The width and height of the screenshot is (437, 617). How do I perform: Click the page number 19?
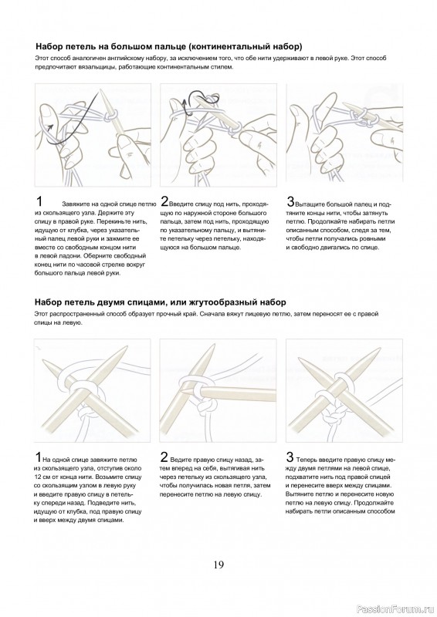coord(218,565)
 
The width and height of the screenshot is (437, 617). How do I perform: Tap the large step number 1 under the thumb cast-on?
coord(39,201)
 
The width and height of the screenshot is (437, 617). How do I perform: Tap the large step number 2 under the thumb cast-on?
coord(164,201)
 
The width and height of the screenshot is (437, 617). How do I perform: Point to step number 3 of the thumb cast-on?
coord(290,201)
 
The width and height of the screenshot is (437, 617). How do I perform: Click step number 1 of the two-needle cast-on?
coord(38,457)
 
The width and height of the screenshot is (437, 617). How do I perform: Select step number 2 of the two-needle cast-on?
coord(164,457)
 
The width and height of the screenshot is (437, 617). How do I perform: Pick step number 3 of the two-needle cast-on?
coord(290,457)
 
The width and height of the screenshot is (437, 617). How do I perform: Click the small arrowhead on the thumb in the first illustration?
coord(49,126)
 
